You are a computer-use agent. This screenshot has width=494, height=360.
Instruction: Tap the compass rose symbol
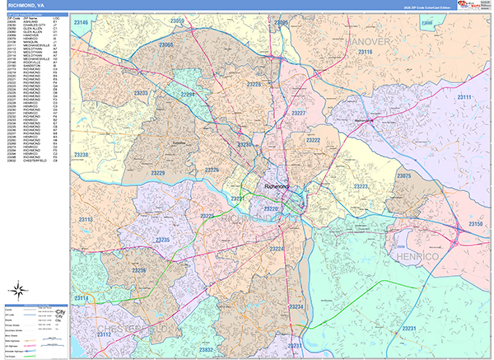18,289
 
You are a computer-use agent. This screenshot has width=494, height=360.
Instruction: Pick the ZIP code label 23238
83,154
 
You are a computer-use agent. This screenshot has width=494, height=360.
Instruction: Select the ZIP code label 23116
366,52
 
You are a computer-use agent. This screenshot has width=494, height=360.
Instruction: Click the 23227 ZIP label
298,113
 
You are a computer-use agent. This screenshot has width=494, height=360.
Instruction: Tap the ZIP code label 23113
84,220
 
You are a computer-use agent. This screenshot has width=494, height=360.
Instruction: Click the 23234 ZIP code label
297,306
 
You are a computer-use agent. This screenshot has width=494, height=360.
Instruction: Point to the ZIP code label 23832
206,350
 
